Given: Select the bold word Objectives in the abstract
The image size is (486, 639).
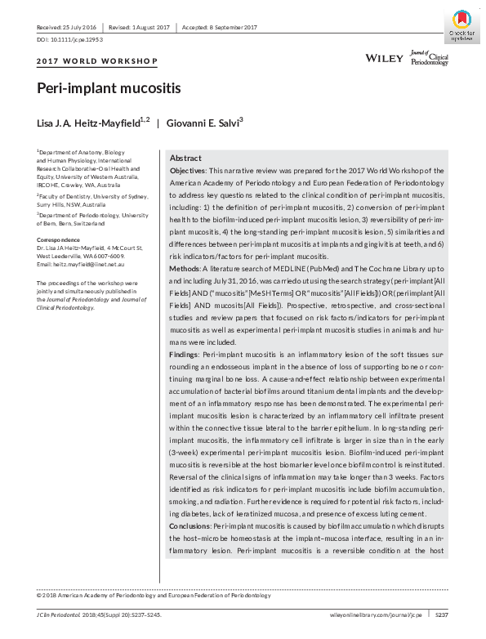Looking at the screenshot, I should tap(188, 171).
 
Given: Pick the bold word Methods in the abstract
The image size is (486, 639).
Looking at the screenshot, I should tap(185, 268).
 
